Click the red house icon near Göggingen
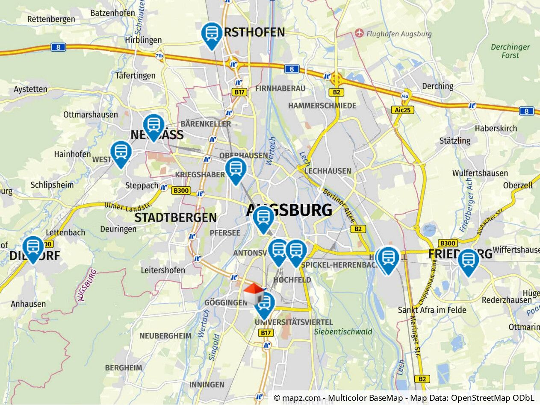click(253, 293)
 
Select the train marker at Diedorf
click(33, 247)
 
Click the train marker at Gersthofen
click(212, 34)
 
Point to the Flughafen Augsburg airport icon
click(359, 33)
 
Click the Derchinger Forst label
click(510, 51)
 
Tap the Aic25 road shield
click(402, 110)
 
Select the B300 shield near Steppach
click(181, 191)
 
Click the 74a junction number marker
click(404, 97)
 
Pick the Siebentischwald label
click(343, 332)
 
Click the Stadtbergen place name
click(175, 217)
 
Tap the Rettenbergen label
click(51, 19)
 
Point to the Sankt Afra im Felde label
click(432, 310)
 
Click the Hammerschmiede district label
click(322, 106)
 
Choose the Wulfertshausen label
click(480, 173)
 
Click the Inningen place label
click(207, 384)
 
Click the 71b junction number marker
click(159, 56)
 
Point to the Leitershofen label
click(163, 270)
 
